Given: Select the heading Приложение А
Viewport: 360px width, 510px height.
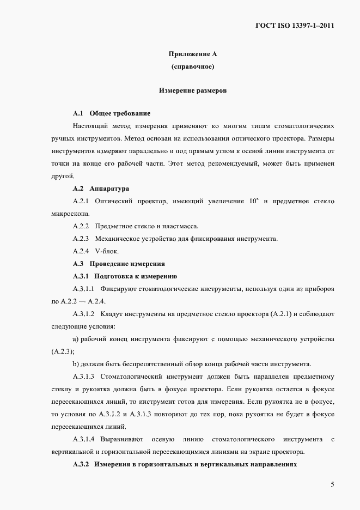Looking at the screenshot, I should tap(193, 54).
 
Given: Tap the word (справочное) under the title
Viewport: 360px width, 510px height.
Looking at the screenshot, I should tap(193, 66).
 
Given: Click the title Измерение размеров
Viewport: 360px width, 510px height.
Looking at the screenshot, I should tap(193, 90).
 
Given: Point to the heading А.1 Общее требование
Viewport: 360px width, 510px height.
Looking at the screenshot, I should tap(111, 113).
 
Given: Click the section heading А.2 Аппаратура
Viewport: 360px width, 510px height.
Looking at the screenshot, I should tap(101, 189).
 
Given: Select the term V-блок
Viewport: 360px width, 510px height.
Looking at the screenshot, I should tap(106, 251).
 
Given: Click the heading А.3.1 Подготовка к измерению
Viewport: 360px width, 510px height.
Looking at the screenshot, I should tap(125, 276).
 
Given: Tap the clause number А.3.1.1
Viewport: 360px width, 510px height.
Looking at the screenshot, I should tap(84, 288).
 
